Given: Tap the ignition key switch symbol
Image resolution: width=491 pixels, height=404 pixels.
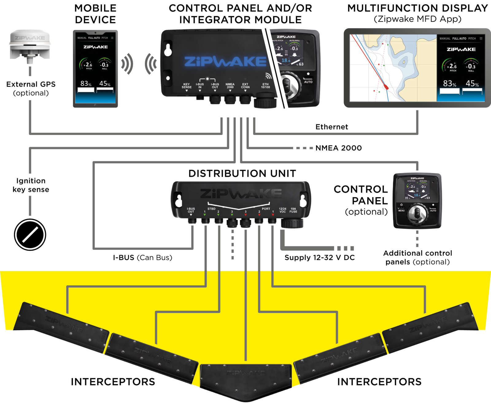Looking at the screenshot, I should click(30, 235).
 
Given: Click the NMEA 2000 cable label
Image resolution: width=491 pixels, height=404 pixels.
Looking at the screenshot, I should click(338, 148).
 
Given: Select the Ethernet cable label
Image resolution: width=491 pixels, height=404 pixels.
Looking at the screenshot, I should click(331, 127).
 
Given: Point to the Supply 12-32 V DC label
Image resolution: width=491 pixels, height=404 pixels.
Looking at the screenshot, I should click(319, 258).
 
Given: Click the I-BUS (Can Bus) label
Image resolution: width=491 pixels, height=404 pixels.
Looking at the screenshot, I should click(142, 258).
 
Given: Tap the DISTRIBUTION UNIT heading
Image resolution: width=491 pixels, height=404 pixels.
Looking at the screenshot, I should click(242, 173).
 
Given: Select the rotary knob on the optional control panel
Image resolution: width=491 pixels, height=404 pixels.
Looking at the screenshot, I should click(417, 213).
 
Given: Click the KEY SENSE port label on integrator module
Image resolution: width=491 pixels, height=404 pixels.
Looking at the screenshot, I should click(186, 86).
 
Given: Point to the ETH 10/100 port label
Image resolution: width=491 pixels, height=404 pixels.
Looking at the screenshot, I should click(265, 86).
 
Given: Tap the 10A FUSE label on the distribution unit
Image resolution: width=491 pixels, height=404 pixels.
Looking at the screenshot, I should click(293, 210).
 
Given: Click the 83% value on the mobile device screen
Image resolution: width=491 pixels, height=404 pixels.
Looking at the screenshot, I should click(86, 84).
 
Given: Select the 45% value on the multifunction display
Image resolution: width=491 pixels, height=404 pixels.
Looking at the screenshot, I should click(472, 84).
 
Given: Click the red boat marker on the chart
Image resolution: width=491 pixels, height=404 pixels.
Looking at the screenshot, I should click(386, 87).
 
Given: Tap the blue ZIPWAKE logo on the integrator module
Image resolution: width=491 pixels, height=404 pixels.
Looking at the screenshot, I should click(225, 61).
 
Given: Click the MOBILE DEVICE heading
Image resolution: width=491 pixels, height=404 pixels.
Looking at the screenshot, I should click(95, 14).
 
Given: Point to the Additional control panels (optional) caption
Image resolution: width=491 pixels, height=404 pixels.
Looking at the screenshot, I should click(417, 258).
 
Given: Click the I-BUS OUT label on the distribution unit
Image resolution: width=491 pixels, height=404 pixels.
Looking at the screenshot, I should click(191, 210).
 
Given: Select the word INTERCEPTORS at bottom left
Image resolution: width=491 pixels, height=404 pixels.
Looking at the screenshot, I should click(113, 382).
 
